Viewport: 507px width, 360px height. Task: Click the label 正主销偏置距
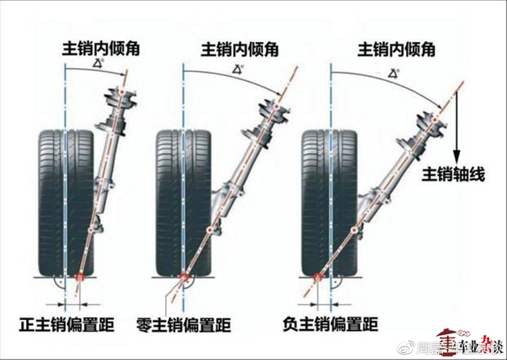click(x=66, y=324)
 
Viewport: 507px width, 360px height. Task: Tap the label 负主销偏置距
click(x=330, y=324)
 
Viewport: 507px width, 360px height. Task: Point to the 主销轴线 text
click(x=453, y=174)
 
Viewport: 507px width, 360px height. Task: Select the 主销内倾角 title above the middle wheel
click(x=239, y=50)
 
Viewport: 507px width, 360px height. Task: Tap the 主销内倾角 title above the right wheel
click(x=396, y=50)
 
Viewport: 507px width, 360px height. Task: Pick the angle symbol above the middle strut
click(x=238, y=68)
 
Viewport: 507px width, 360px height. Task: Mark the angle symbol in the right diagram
click(x=393, y=73)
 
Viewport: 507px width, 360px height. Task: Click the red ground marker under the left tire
click(x=80, y=277)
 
